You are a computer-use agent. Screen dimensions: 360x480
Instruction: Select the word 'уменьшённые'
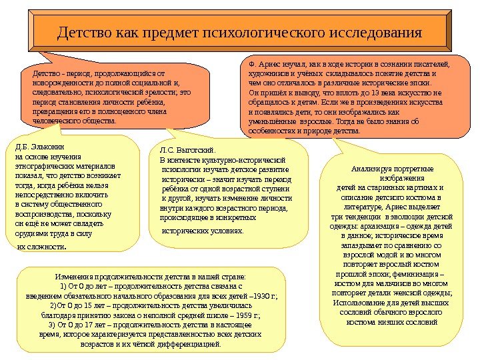click(269, 122)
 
